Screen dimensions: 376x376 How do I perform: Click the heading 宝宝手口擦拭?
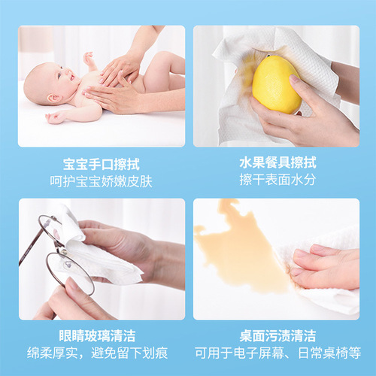[x=102, y=164]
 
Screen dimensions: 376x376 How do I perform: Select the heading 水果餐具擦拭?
[x=275, y=164]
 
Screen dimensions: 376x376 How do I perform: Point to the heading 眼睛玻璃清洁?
[x=102, y=335]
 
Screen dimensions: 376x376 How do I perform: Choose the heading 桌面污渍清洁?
[x=275, y=335]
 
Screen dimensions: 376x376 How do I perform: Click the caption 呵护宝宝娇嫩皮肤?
[x=102, y=181]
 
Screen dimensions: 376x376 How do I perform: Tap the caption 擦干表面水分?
[x=275, y=181]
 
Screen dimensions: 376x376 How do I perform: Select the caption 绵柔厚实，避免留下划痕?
[x=102, y=353]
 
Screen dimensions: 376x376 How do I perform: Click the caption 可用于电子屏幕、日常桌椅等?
[x=275, y=353]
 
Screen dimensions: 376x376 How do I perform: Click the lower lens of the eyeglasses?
[x=69, y=272]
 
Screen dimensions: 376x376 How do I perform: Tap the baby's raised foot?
[x=89, y=58]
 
